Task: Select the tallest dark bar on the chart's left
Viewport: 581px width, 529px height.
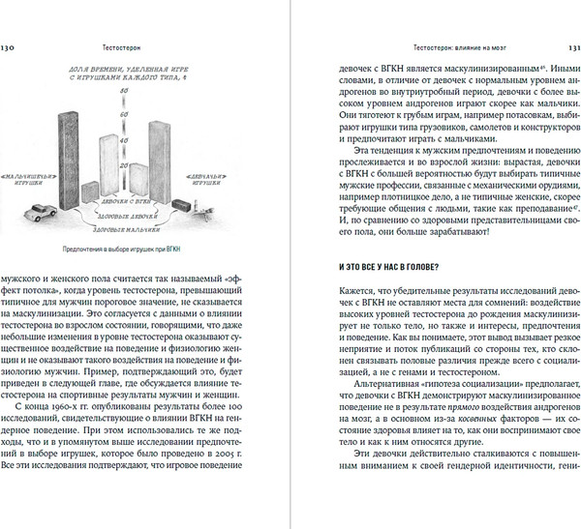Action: pyautogui.click(x=68, y=145)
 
